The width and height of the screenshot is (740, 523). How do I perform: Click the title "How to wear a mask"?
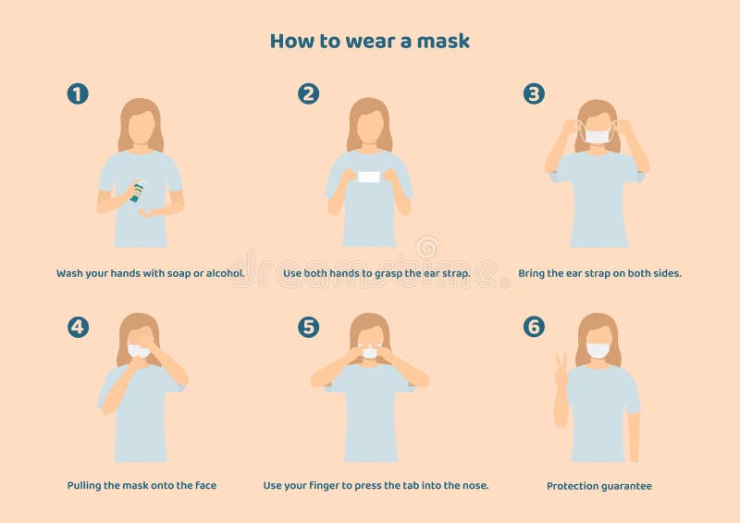pos(369,41)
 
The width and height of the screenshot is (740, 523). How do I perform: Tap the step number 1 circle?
pos(78,93)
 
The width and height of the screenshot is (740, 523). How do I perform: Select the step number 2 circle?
pos(308,93)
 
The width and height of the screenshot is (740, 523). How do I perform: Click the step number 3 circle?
pos(534,93)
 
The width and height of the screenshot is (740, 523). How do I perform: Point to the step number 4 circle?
pos(78,326)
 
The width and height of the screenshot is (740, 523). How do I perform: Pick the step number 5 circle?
pos(308,326)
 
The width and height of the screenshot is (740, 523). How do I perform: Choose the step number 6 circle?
pos(534,326)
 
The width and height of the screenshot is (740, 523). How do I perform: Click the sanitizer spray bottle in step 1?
pos(137,191)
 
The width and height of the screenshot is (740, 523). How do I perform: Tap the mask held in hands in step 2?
pos(369,176)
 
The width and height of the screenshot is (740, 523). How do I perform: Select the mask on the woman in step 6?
pos(598,350)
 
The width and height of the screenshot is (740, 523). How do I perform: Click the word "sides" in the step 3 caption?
pos(664,273)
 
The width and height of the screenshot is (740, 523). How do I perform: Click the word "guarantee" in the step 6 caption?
pos(624,485)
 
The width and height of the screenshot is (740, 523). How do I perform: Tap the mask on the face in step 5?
pos(369,352)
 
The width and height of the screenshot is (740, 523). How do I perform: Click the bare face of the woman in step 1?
pos(141,127)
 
